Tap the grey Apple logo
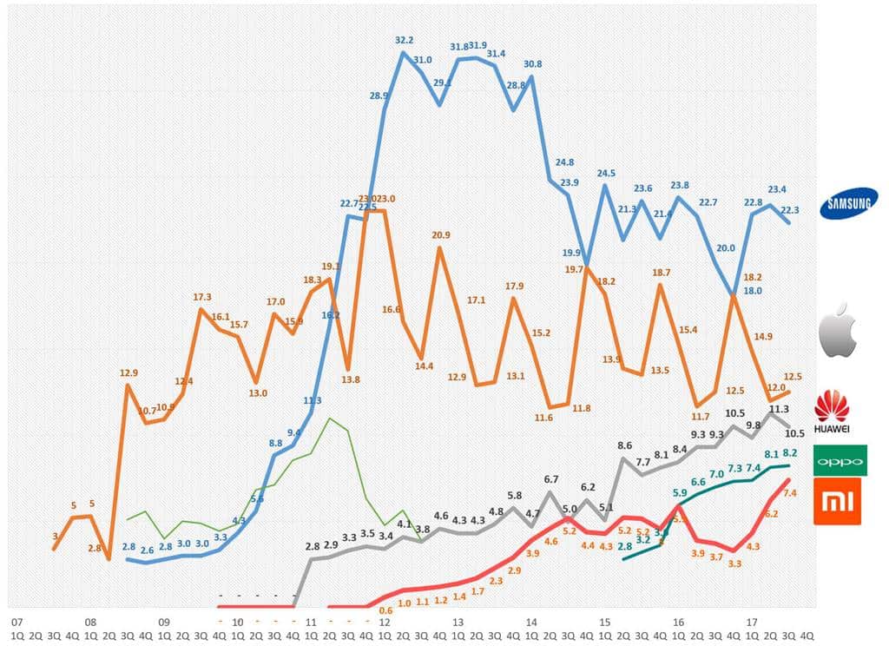point(840,331)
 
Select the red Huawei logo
point(831,412)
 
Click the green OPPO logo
point(840,460)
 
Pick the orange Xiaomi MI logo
point(837,501)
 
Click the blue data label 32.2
point(405,40)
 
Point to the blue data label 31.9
point(477,45)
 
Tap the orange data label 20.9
point(441,235)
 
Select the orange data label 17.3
point(202,298)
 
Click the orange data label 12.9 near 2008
point(128,373)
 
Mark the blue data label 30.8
point(533,63)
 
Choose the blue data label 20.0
point(725,247)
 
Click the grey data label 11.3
point(779,409)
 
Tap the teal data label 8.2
point(790,453)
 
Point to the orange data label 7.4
point(790,493)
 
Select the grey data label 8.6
point(624,445)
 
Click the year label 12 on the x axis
point(384,623)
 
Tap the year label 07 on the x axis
point(16,623)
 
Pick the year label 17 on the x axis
point(753,623)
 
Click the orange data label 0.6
point(385,610)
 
